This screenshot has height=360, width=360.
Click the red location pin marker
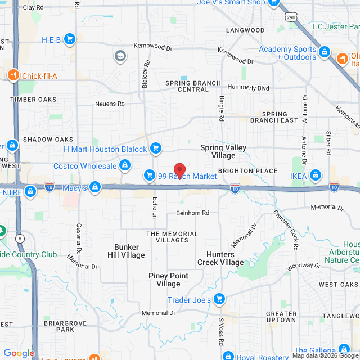[x=179, y=170]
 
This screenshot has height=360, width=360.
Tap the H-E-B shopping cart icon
[x=70, y=39]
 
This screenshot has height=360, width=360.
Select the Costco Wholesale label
[x=85, y=165]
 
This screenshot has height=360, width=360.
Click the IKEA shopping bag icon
[x=315, y=176]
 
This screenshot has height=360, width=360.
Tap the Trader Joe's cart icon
[x=220, y=299]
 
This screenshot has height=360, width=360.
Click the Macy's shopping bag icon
[x=96, y=187]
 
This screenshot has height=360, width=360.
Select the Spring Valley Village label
[x=223, y=151]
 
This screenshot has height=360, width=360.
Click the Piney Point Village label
[x=168, y=280]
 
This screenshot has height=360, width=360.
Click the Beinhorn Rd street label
[x=192, y=213]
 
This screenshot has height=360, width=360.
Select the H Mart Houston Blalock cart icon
[x=156, y=149]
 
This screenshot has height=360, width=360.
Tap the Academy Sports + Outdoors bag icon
[x=325, y=53]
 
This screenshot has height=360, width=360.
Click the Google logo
[x=19, y=353]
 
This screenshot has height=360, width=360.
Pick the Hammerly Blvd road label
[x=249, y=88]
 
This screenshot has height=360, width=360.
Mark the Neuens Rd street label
[x=109, y=103]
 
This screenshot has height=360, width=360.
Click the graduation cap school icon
[x=120, y=56]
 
